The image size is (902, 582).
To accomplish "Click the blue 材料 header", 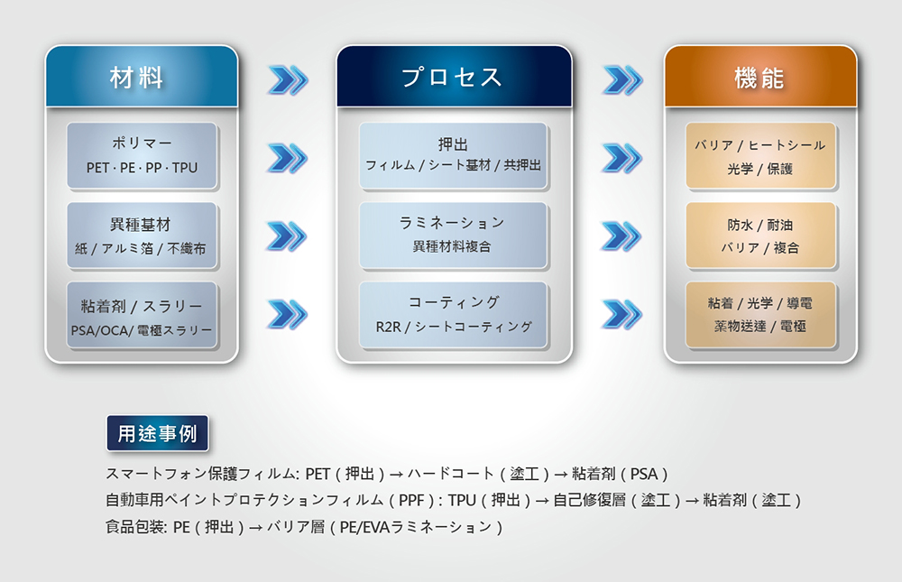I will click(x=142, y=77).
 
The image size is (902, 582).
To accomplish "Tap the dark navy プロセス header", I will click(x=454, y=77).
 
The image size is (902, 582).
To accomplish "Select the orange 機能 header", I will click(x=759, y=77).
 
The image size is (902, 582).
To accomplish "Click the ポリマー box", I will click(x=142, y=155).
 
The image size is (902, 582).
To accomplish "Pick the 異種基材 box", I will click(x=142, y=235).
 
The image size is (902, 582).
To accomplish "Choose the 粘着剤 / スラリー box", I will click(x=142, y=315).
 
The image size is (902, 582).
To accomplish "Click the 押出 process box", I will click(x=453, y=155).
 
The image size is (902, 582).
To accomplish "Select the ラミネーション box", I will click(x=453, y=235).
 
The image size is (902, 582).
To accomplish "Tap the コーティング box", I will click(x=453, y=314).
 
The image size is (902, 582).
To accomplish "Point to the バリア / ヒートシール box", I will click(x=759, y=155).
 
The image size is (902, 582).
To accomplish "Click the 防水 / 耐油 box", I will click(x=759, y=235).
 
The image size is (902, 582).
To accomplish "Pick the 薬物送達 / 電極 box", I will click(x=759, y=315).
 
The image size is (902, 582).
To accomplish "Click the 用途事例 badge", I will click(x=157, y=433).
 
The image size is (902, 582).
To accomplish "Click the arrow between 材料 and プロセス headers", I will click(x=288, y=80).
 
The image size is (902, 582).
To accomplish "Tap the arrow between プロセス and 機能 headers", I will click(x=621, y=80).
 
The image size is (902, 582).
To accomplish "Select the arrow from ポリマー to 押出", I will click(x=288, y=158).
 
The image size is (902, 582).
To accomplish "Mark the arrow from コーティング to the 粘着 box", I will click(x=621, y=314).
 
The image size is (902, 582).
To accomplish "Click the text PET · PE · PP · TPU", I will click(x=142, y=168).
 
